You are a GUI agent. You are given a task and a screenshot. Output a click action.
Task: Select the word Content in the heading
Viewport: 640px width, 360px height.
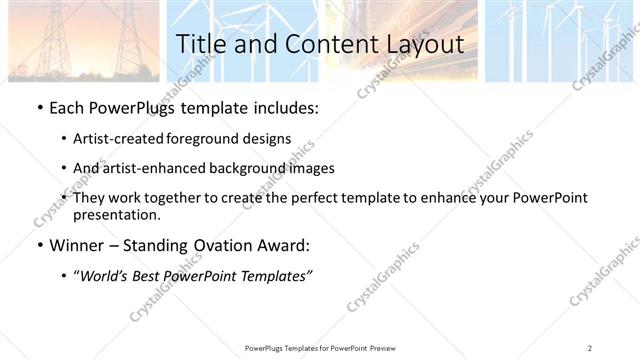pyautogui.click(x=319, y=44)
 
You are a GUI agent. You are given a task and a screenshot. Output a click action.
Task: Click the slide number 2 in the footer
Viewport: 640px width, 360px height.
pyautogui.click(x=590, y=347)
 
